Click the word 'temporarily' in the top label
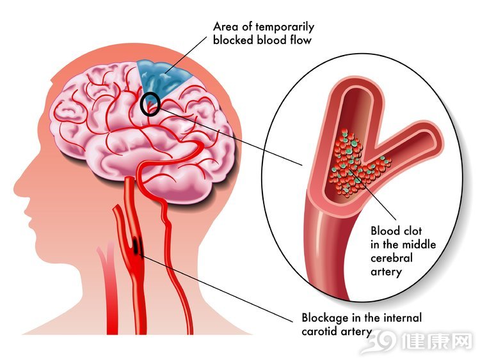click(285, 27)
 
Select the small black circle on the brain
click(150, 104)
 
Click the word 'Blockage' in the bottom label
click(326, 318)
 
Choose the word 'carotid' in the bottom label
click(319, 332)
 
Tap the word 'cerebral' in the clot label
click(392, 258)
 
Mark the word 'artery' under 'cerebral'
click(386, 272)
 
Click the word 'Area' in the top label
click(226, 27)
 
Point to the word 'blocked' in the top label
click(234, 40)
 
